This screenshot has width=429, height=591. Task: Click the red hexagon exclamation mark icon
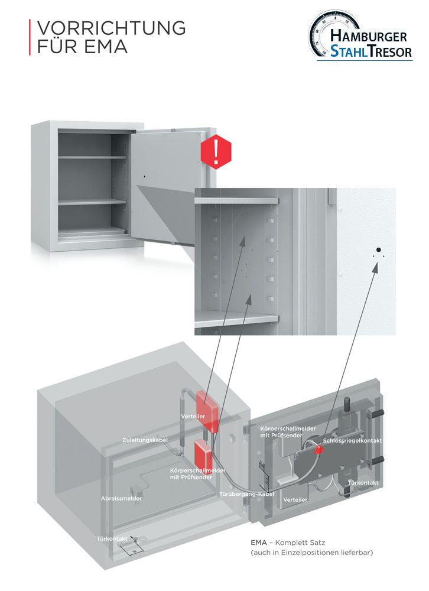(216, 152)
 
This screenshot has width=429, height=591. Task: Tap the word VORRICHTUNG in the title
(111, 28)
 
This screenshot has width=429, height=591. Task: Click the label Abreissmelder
(121, 498)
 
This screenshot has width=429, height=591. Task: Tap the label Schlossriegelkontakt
(353, 441)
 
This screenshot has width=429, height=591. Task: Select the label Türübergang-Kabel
(246, 493)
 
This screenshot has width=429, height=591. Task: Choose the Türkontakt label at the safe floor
(112, 538)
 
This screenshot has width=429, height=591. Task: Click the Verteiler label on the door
(295, 499)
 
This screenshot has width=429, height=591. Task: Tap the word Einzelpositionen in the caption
(314, 553)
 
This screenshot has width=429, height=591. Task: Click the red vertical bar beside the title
(30, 37)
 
